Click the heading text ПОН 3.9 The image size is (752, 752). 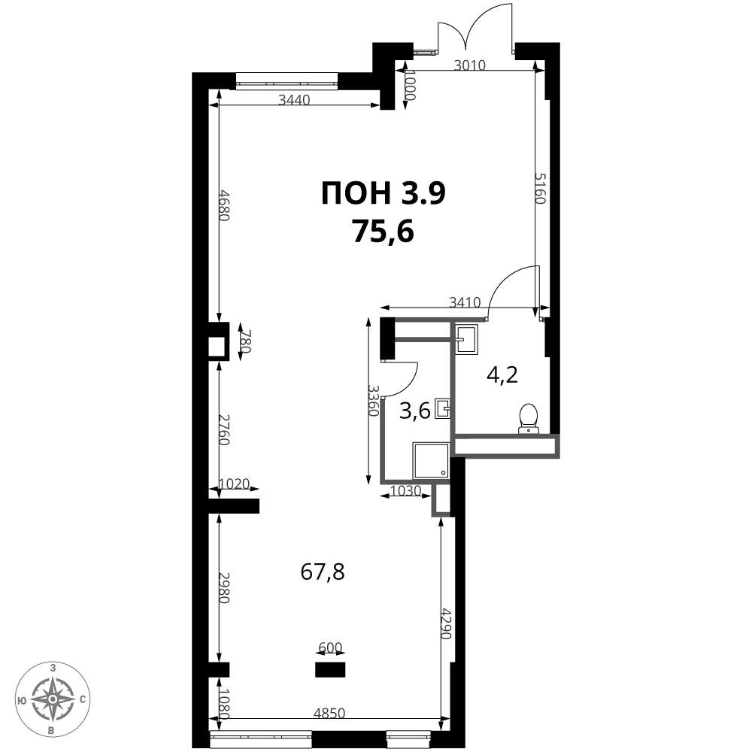[384, 194]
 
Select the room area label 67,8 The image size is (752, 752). [323, 572]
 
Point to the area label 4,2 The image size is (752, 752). [502, 374]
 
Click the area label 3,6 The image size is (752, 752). [415, 411]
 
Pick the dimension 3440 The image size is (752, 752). [295, 100]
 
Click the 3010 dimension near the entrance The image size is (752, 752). [470, 65]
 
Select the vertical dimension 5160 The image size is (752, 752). [541, 189]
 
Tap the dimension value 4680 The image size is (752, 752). [224, 205]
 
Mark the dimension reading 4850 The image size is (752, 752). [329, 713]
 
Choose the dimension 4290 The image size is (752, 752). [447, 624]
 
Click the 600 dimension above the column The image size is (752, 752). [330, 648]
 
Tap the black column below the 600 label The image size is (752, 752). [330, 669]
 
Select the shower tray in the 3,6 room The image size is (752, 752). [431, 461]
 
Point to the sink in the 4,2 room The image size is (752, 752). [467, 339]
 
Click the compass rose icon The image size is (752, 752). [53, 699]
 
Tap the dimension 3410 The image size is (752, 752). [465, 302]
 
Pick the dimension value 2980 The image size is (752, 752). [224, 587]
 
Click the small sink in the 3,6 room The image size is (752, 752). [443, 409]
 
